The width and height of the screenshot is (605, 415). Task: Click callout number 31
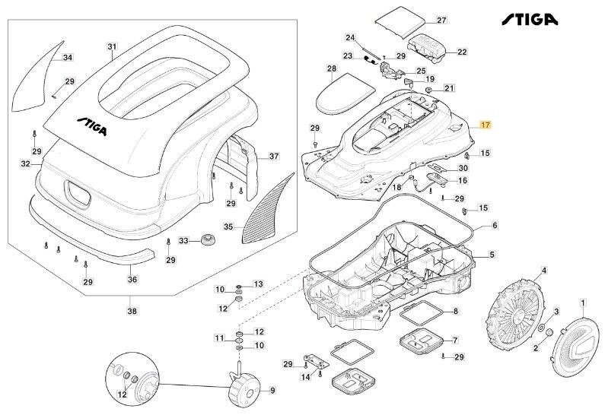click(112, 47)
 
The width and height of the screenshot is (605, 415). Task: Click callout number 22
click(462, 52)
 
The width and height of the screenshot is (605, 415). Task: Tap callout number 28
click(332, 69)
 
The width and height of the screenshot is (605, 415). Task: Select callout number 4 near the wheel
click(544, 270)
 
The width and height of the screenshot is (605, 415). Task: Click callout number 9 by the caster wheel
click(272, 391)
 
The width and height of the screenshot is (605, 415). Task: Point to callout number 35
click(228, 226)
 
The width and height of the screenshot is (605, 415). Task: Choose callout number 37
click(274, 157)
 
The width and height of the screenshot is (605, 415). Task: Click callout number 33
click(183, 241)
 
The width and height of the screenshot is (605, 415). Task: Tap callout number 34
click(68, 58)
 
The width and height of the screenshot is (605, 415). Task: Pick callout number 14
click(304, 376)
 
